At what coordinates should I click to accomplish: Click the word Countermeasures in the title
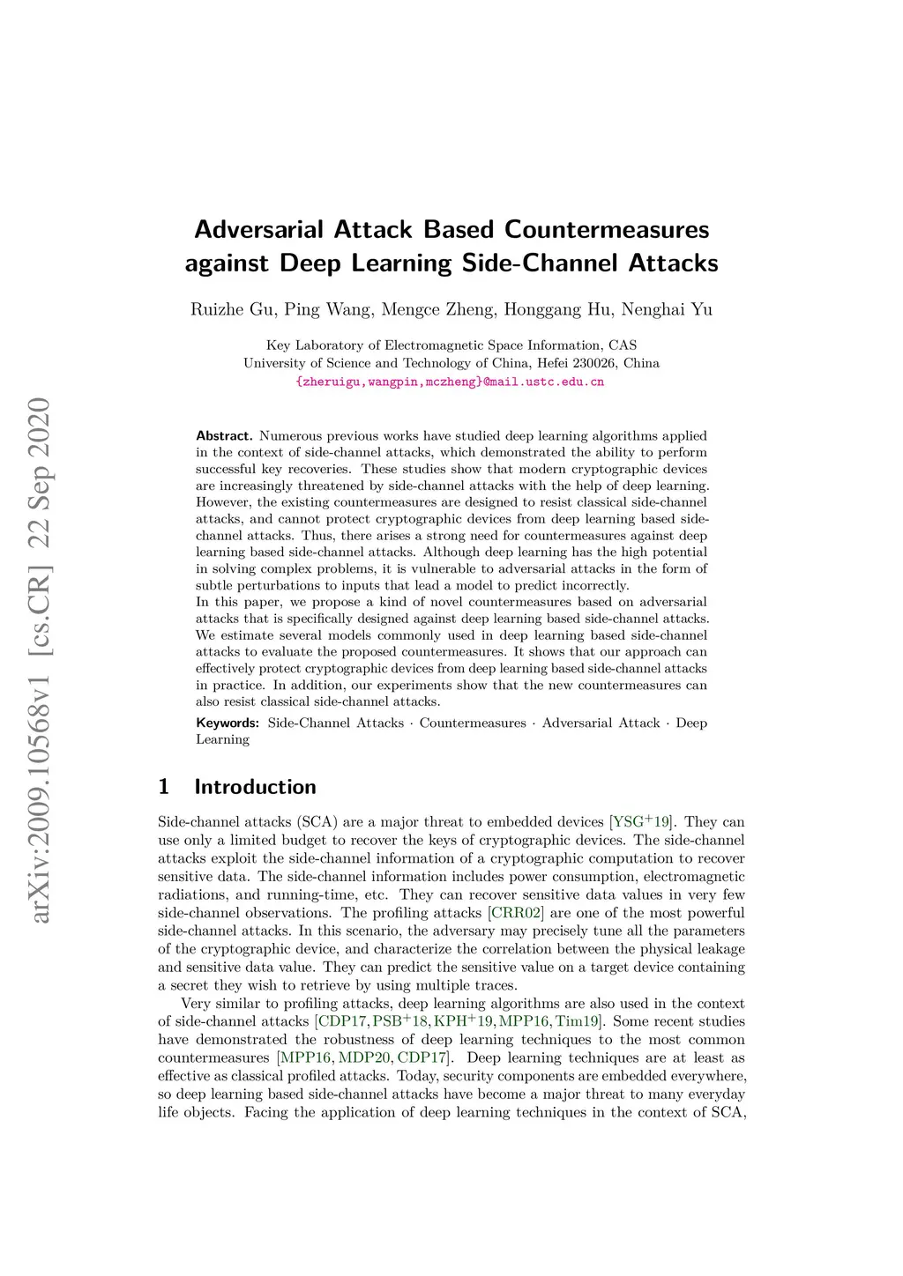pos(607,230)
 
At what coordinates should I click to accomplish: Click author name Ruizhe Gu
pos(232,309)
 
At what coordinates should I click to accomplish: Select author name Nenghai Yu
pos(667,309)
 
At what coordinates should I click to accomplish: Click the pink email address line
pos(451,382)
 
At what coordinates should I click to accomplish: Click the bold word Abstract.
pos(224,435)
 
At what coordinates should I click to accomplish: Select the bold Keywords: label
pos(228,723)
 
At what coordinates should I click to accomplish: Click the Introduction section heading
pos(255,787)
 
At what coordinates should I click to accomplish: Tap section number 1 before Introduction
pos(163,787)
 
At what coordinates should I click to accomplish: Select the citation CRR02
pos(516,913)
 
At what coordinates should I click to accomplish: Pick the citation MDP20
pos(365,1058)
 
